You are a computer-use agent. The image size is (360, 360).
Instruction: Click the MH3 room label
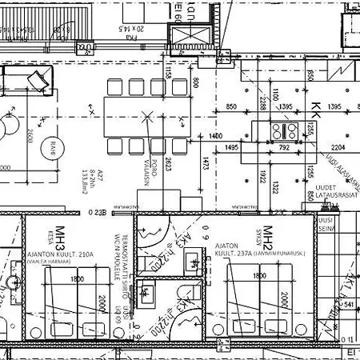(x=58, y=240)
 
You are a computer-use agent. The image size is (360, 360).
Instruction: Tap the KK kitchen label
(x=315, y=109)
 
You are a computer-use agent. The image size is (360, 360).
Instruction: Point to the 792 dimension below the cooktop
(x=283, y=148)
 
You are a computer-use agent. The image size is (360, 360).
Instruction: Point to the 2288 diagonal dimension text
(x=262, y=102)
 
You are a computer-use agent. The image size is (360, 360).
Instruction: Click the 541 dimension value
(x=346, y=305)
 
